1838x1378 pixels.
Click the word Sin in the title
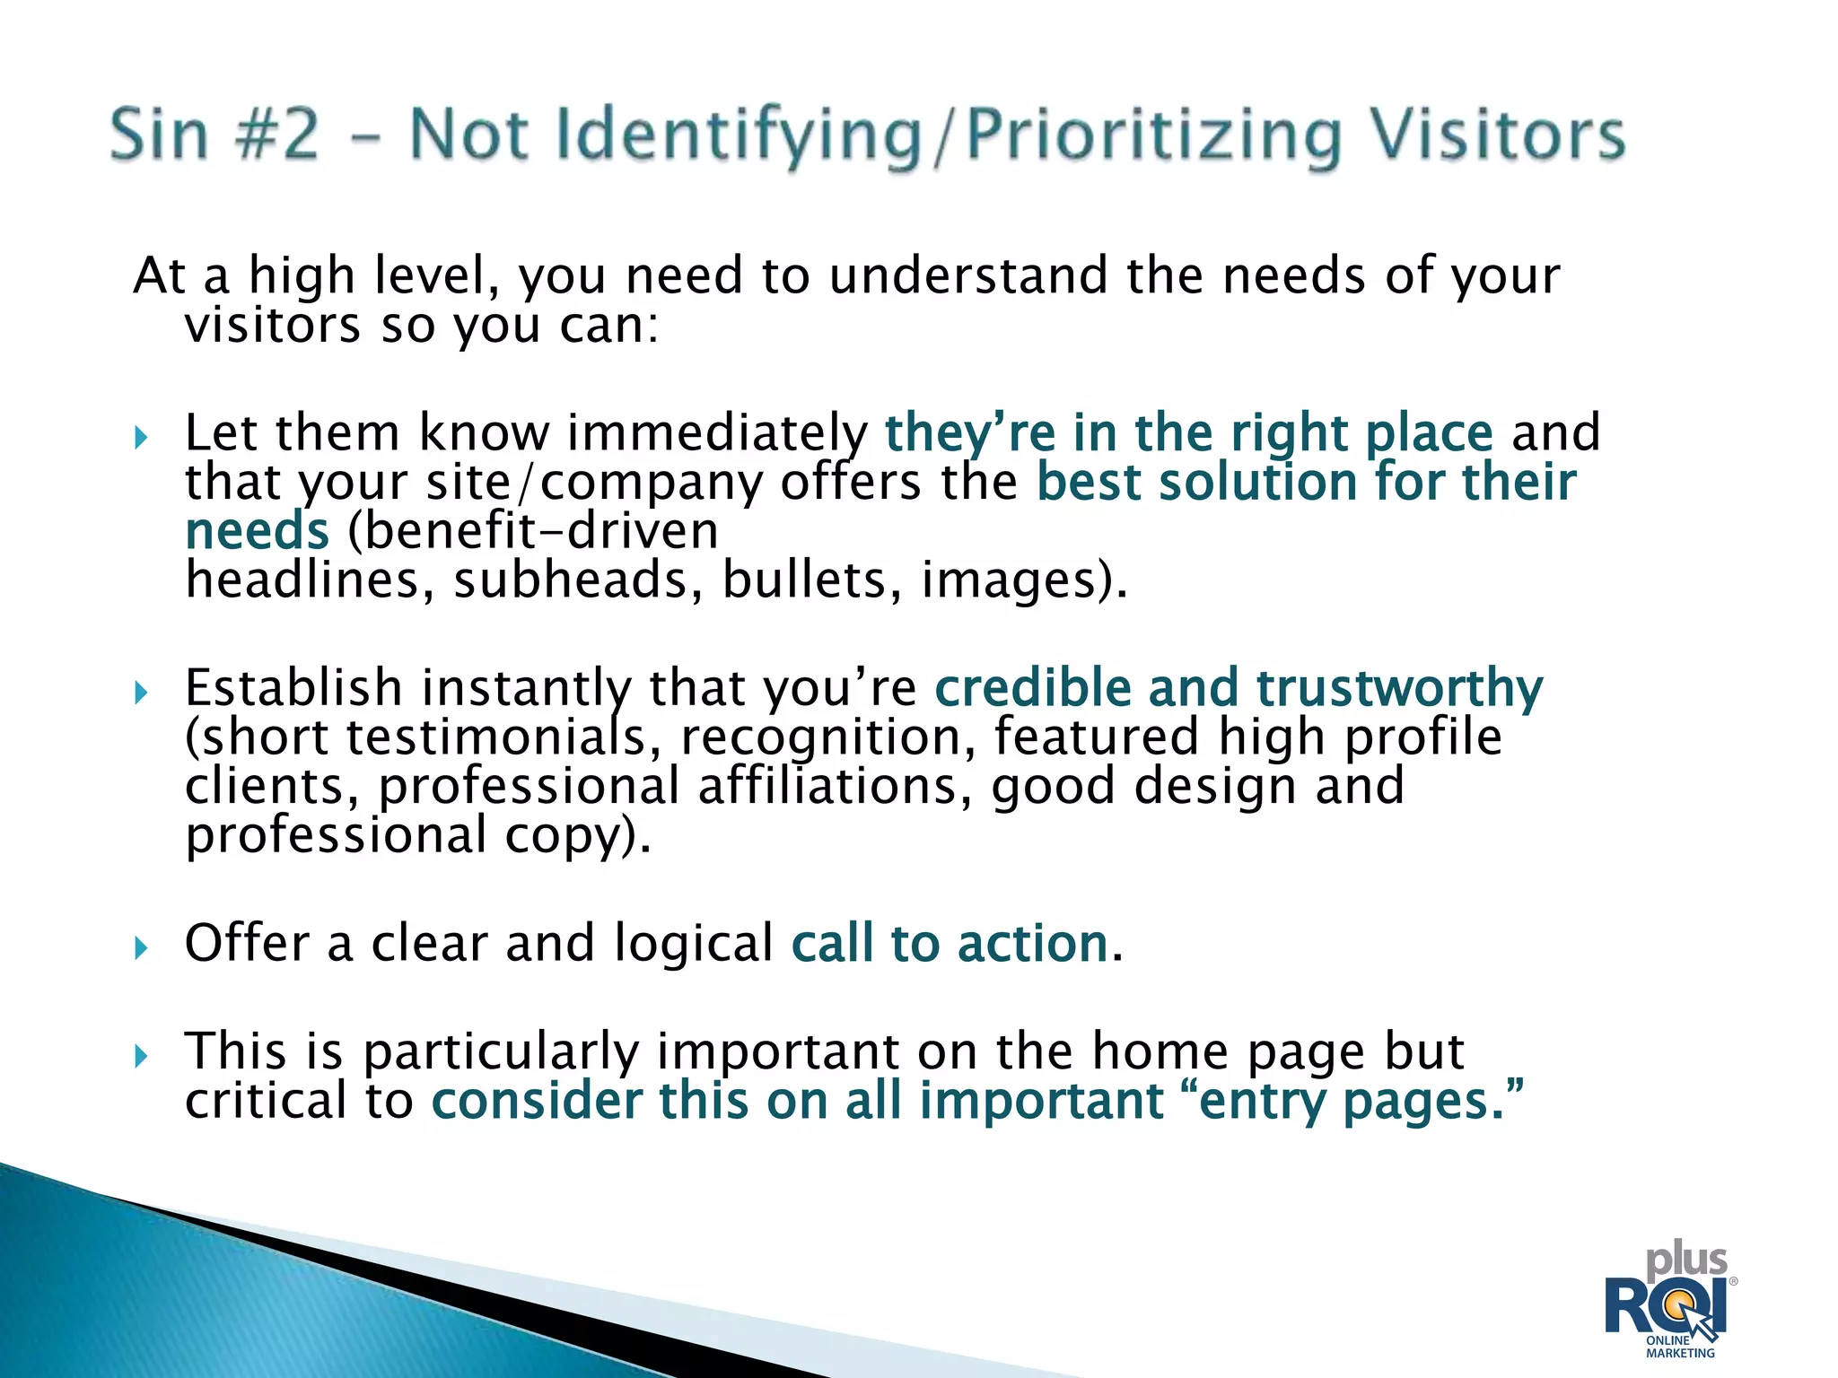(159, 135)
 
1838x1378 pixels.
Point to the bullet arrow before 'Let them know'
(141, 438)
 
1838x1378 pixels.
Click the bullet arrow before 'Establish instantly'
(141, 692)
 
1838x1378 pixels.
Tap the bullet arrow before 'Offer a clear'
(141, 947)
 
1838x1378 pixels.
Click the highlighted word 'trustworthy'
(1399, 689)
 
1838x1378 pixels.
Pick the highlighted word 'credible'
(1032, 689)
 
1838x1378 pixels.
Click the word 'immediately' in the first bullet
(717, 434)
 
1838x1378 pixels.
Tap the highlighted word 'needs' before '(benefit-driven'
(257, 531)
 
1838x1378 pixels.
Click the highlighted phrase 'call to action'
(950, 944)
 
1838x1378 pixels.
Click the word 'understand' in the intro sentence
(967, 275)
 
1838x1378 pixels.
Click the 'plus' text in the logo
(1686, 1261)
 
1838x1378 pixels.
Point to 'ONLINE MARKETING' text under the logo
(1679, 1347)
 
